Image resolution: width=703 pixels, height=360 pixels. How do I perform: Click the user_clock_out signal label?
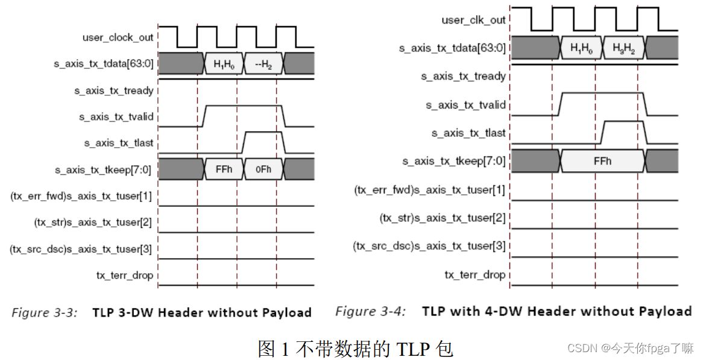point(118,37)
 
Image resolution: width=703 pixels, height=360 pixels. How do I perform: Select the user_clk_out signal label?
point(473,20)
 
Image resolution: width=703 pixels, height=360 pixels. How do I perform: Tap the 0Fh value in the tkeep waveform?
point(263,169)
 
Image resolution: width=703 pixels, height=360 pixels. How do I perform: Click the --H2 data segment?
point(263,63)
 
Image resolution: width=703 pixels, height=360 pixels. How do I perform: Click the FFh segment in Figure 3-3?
point(223,169)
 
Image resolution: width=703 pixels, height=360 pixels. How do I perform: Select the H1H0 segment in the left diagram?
point(223,63)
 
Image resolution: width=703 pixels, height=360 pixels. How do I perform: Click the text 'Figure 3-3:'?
point(45,312)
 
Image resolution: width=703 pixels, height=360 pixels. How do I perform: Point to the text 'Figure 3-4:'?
point(370,311)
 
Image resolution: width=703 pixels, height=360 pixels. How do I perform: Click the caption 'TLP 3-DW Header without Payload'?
point(201,312)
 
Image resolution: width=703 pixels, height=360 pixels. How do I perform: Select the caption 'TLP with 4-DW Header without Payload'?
point(556,311)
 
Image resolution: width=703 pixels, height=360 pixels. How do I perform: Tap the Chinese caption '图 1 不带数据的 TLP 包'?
point(355,348)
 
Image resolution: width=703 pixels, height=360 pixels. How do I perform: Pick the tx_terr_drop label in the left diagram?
point(124,276)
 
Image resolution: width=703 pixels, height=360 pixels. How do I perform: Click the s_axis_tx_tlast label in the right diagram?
point(468,133)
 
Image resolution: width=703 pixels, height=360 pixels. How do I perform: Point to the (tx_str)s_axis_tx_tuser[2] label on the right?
point(442,218)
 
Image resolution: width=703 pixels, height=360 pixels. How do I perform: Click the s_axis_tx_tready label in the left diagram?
point(113,90)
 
